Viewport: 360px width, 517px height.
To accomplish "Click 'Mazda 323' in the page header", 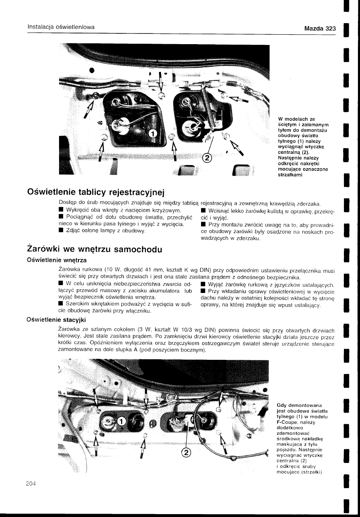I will [320, 28].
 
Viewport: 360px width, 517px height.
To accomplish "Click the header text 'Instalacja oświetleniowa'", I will [61, 27].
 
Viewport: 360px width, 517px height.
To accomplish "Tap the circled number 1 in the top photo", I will [152, 133].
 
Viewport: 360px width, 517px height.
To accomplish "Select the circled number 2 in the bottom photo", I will [186, 453].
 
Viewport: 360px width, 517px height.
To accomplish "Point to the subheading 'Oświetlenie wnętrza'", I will [56, 260].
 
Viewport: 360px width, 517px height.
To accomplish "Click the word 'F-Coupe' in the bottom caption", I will [288, 423].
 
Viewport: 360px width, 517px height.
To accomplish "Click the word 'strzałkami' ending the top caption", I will [291, 175].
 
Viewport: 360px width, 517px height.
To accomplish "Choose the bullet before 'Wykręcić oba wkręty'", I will [62, 211].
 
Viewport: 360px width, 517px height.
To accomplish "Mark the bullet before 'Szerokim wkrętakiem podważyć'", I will [62, 304].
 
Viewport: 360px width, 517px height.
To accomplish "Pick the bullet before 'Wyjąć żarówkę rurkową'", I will [203, 285].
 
